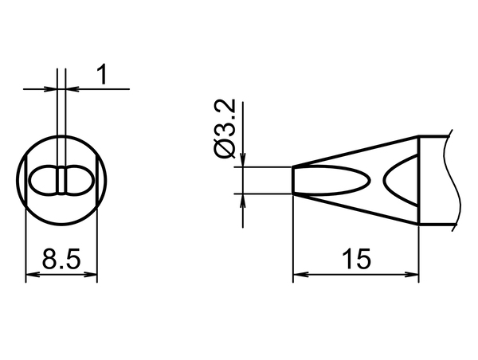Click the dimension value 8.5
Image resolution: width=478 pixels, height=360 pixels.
tap(61, 259)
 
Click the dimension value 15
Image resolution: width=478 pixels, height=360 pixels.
tap(356, 259)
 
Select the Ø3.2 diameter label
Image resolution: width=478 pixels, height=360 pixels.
tap(225, 128)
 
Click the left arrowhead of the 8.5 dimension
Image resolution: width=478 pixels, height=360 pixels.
tap(33, 274)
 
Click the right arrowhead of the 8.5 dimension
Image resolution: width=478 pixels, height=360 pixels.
tap(91, 274)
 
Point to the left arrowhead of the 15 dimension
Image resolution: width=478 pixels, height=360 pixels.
tap(300, 274)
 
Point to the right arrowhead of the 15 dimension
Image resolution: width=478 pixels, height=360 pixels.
tap(412, 274)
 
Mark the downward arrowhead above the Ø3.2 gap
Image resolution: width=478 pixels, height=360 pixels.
tap(243, 160)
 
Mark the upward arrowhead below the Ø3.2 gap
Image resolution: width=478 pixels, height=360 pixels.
tap(243, 201)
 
